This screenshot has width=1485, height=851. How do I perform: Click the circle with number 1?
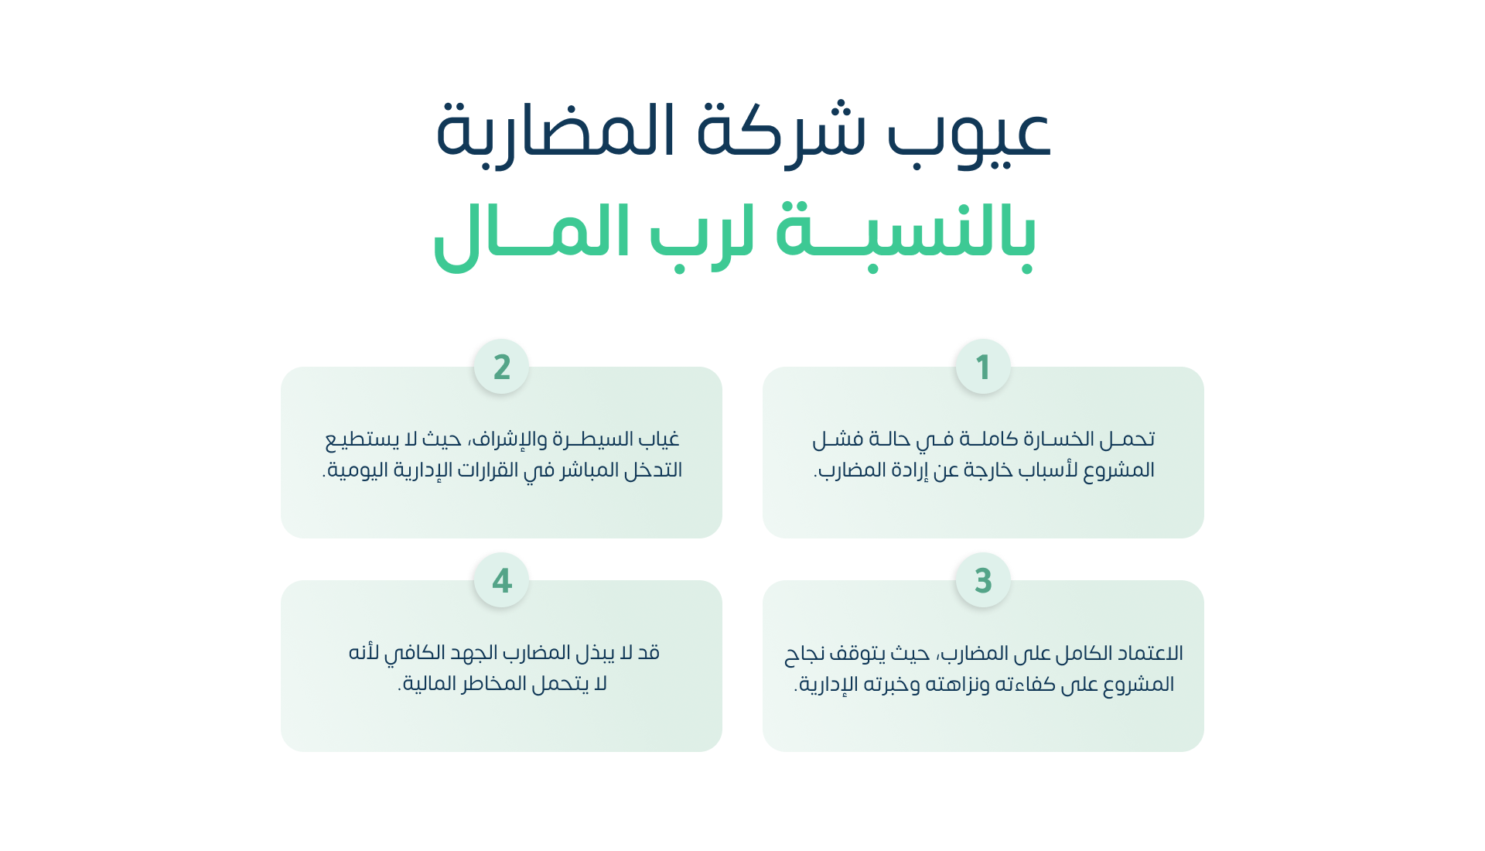coord(983,367)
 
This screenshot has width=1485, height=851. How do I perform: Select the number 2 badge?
coord(501,367)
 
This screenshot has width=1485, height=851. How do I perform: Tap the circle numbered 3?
coord(983,580)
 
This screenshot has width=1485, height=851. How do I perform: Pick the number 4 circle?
coord(501,580)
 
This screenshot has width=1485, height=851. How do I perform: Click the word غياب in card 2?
coord(658,439)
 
